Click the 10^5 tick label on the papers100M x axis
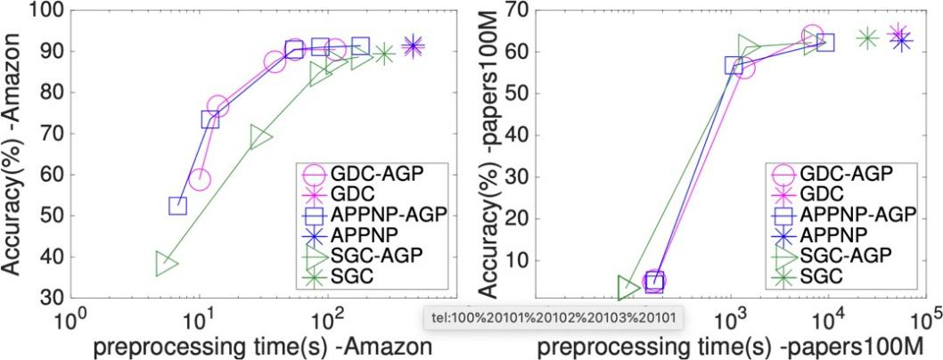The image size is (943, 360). point(927,318)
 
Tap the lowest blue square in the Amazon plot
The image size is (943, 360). point(177,207)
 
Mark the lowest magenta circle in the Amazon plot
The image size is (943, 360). point(200,180)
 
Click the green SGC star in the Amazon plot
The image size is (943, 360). point(383,54)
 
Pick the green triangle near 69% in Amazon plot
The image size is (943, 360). point(260,137)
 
